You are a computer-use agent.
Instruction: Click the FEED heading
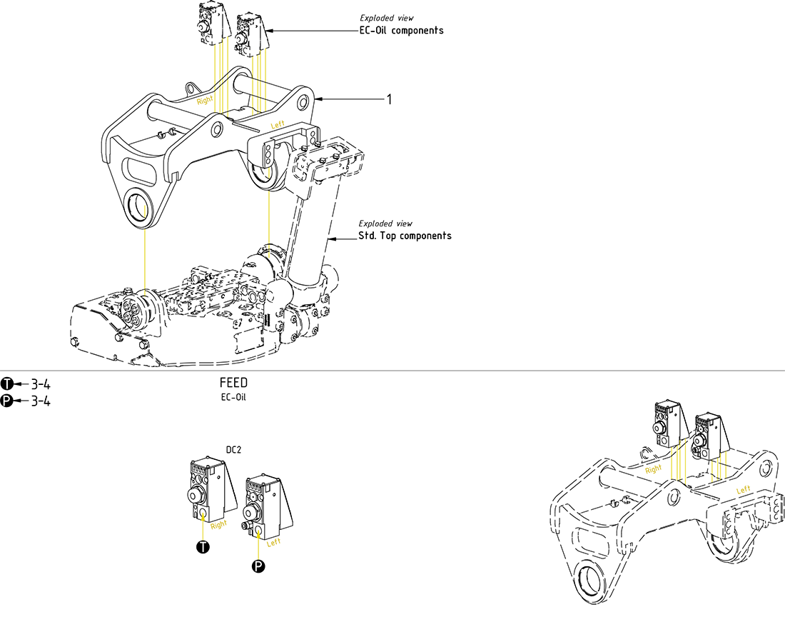[233, 383]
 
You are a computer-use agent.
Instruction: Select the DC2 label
[235, 450]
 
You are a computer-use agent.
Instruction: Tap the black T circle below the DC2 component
[203, 548]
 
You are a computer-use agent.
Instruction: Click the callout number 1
[389, 99]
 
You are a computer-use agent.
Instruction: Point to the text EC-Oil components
[402, 31]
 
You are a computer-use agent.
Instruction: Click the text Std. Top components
[405, 236]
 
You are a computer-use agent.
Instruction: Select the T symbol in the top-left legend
[7, 383]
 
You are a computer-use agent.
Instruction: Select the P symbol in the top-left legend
[7, 401]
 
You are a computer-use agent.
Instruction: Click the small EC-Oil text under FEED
[233, 397]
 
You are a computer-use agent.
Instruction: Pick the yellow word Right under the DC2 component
[218, 524]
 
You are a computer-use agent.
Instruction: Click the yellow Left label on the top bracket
[278, 125]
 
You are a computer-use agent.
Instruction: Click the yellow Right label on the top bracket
[205, 101]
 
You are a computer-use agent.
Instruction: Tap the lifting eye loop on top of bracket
[191, 88]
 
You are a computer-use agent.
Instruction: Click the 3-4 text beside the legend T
[40, 383]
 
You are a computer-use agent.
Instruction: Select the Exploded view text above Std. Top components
[385, 224]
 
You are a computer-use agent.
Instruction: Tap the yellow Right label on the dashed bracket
[654, 469]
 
